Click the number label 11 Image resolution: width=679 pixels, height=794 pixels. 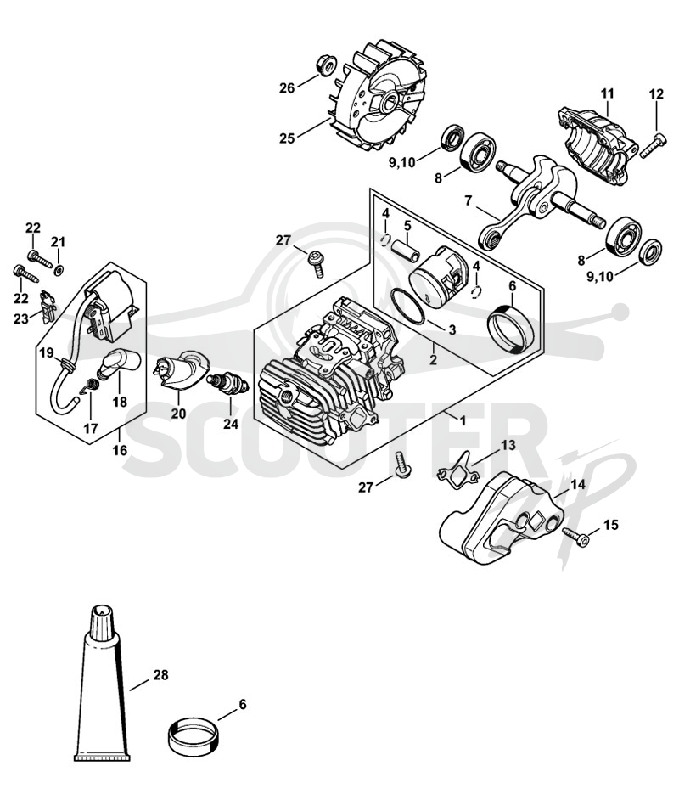click(607, 93)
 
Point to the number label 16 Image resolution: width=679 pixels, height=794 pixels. click(120, 450)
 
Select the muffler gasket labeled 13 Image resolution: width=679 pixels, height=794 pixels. click(459, 469)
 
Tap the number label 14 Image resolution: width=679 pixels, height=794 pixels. click(578, 485)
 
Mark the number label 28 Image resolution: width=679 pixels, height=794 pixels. click(161, 675)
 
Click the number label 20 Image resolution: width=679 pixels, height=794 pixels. click(178, 414)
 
